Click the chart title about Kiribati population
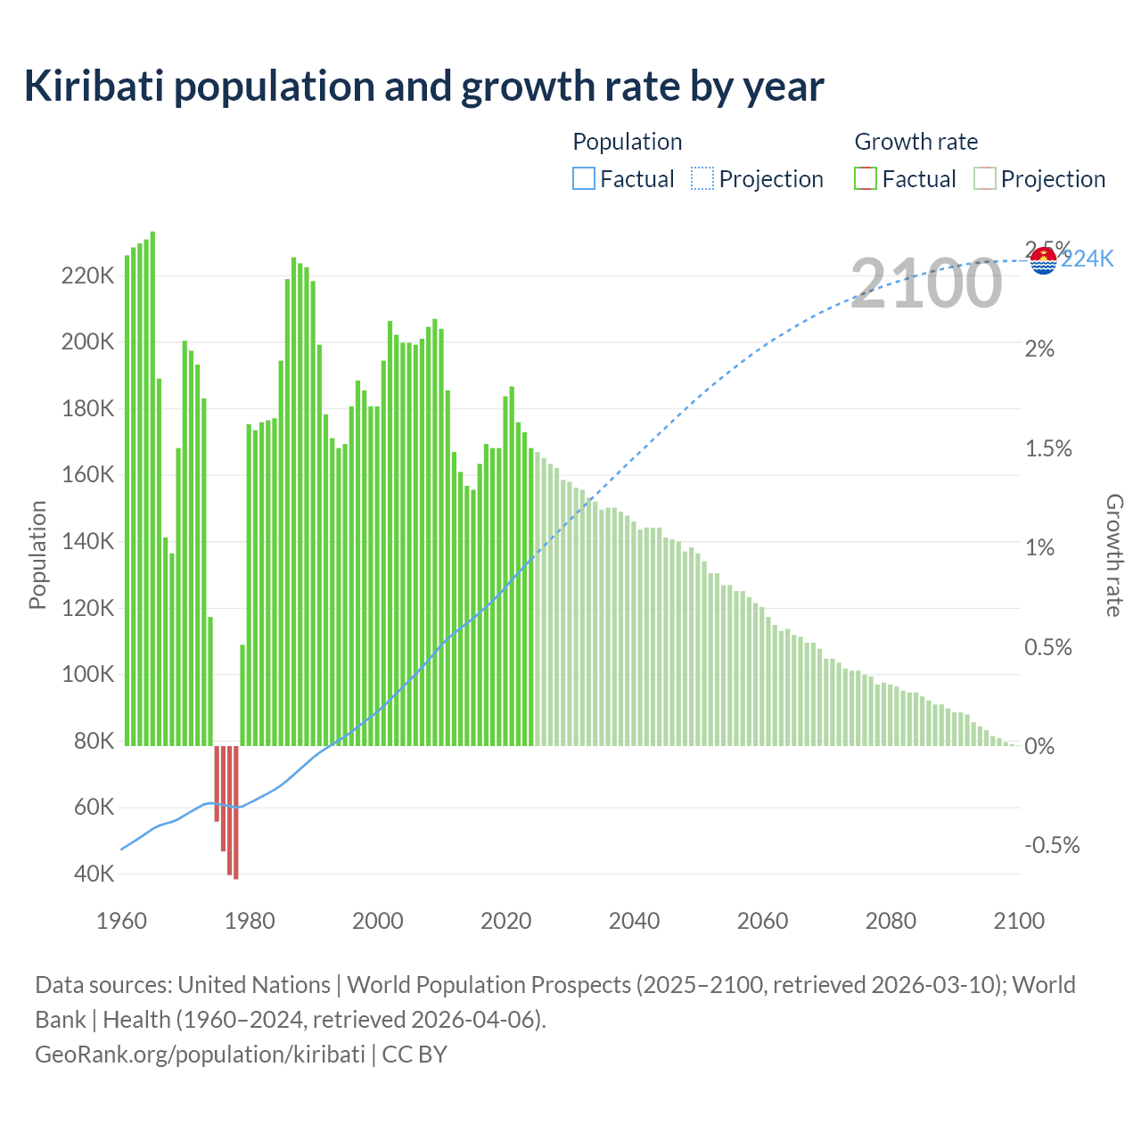(423, 86)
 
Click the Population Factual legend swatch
(583, 179)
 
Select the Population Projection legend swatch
(702, 179)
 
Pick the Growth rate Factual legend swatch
(866, 179)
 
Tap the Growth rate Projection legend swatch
(984, 179)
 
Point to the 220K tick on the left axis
(87, 276)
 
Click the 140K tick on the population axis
(87, 542)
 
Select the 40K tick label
(94, 874)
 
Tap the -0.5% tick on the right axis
(1052, 845)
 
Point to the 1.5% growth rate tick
(1048, 448)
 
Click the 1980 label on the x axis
(250, 921)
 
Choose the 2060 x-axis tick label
(762, 921)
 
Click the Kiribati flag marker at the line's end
(1043, 261)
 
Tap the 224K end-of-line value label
(1088, 259)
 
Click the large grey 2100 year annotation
(926, 283)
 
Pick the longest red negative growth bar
(236, 812)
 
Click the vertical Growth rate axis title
(1113, 555)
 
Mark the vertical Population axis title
(37, 555)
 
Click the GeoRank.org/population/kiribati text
(200, 1055)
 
